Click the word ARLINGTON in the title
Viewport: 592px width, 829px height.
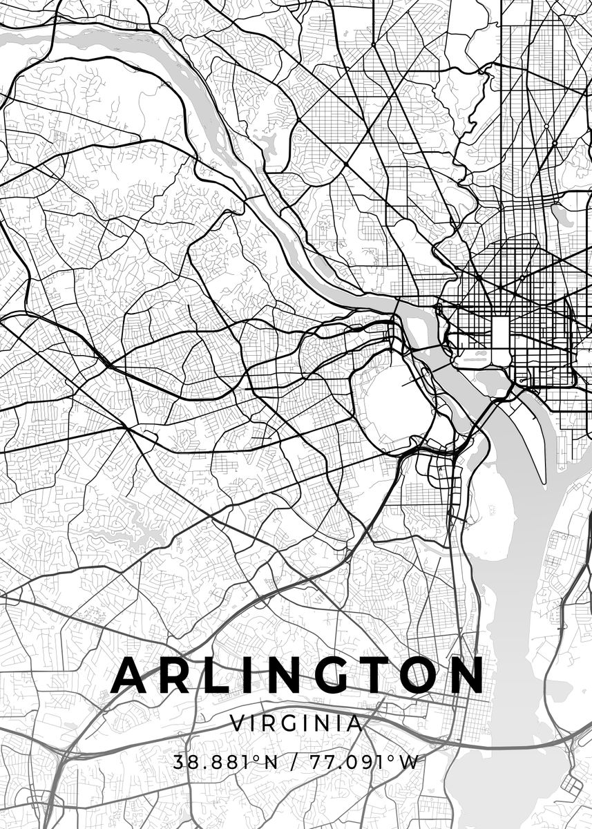pyautogui.click(x=297, y=675)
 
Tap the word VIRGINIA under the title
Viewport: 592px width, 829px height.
pyautogui.click(x=296, y=724)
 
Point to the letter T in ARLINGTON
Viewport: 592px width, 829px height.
pyautogui.click(x=379, y=675)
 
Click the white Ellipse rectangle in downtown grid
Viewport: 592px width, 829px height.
pyautogui.click(x=500, y=332)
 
